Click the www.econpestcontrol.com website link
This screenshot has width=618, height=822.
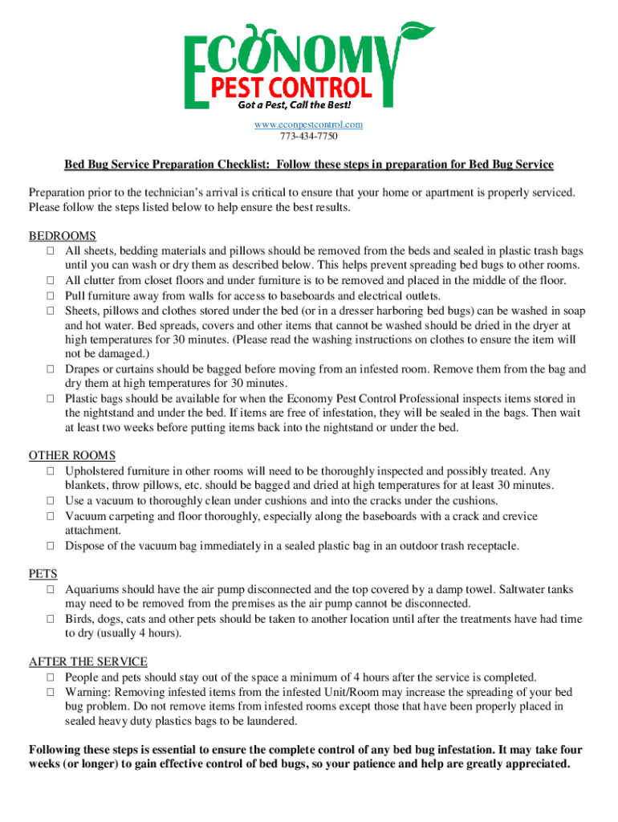(x=309, y=124)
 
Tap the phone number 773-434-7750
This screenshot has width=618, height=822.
(x=309, y=136)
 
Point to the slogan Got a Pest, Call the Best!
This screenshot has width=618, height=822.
(x=294, y=105)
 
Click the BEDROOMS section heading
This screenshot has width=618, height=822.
(x=63, y=236)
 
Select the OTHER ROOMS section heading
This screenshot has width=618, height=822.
(x=72, y=456)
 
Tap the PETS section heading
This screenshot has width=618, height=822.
(x=43, y=574)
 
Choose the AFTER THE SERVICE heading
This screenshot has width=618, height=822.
(x=88, y=662)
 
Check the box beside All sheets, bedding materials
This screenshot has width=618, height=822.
(x=50, y=251)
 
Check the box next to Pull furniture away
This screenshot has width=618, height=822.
(x=50, y=295)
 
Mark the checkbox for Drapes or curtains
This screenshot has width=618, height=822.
(x=50, y=369)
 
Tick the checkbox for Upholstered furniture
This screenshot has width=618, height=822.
(x=50, y=472)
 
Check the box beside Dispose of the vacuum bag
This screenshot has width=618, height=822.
(x=50, y=546)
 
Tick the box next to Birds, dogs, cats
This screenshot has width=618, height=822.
(x=50, y=619)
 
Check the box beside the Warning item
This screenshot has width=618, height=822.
(x=50, y=692)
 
